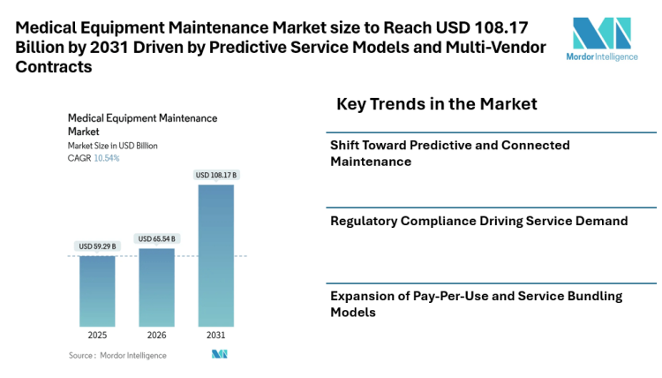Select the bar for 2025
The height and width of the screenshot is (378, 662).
click(97, 291)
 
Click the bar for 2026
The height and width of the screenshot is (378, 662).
click(157, 287)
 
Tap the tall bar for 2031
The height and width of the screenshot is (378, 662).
click(216, 255)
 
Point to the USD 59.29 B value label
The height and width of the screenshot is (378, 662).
click(97, 246)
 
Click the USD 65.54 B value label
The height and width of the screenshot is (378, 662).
click(157, 238)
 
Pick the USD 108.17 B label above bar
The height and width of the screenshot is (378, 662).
click(216, 175)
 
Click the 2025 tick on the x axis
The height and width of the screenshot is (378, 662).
click(97, 336)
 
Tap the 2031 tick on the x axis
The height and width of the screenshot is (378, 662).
click(216, 336)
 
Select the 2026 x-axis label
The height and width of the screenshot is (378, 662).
click(157, 336)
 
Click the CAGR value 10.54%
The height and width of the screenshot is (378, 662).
click(106, 158)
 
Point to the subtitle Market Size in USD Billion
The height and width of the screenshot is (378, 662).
click(112, 146)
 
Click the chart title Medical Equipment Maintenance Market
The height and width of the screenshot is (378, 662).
click(141, 124)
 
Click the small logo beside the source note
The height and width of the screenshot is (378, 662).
click(220, 354)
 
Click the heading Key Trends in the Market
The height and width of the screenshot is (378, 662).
click(436, 104)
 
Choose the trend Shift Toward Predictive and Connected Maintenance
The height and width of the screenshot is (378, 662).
click(449, 153)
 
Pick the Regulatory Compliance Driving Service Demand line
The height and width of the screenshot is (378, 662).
click(478, 221)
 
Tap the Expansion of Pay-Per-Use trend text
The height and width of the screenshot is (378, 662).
click(476, 303)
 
